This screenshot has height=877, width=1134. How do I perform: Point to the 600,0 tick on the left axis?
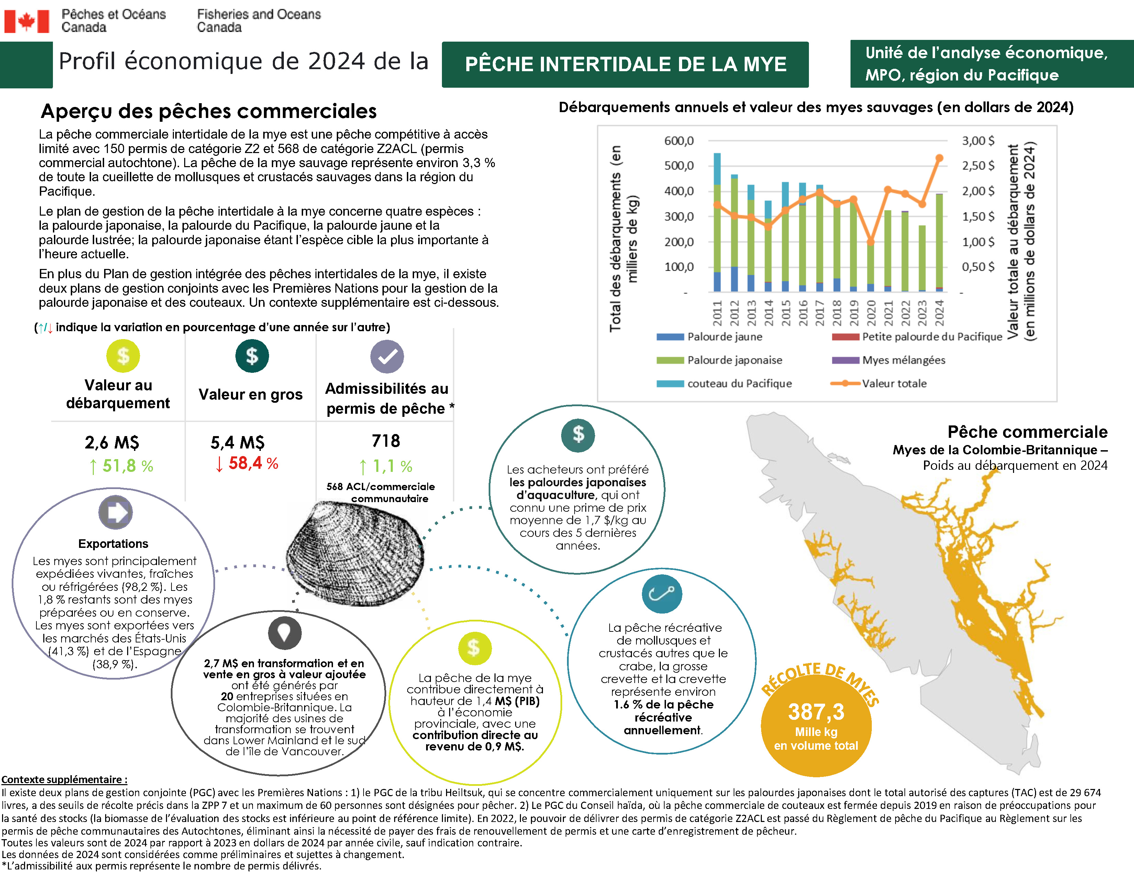679,141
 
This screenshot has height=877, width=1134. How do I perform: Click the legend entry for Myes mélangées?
903,360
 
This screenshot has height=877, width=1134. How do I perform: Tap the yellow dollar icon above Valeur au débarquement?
123,356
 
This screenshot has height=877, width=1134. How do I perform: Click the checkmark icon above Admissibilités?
387,356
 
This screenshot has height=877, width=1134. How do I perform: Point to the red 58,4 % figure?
247,463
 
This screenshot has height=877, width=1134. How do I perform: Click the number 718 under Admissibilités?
386,441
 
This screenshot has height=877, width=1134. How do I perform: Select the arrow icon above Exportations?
115,512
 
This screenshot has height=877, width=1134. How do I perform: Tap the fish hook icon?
661,593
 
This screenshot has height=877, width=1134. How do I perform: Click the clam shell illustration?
356,553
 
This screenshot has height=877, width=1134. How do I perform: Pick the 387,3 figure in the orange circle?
816,712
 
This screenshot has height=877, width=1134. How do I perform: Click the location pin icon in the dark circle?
284,633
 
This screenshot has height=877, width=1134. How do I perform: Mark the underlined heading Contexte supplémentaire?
64,779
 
